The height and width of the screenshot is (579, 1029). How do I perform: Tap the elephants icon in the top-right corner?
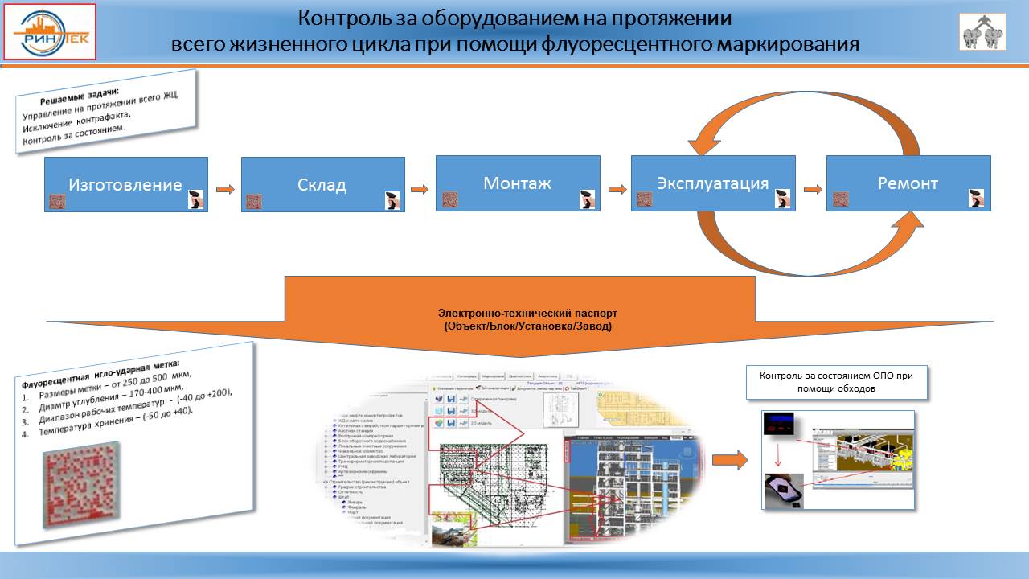coord(982,32)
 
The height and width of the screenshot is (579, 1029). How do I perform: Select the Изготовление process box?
coord(125,184)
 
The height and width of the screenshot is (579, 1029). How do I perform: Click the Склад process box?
coord(322,185)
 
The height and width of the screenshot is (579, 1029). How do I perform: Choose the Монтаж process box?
coord(518,183)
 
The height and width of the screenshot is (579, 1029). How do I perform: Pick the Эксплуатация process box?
coord(713,183)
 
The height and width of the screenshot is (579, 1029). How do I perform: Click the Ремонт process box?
coord(908,183)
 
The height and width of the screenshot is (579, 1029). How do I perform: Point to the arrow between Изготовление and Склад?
coord(225,190)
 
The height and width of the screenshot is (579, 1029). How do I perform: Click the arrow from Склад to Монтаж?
coord(420,190)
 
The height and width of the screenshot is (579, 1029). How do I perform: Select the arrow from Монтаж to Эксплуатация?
coord(616,190)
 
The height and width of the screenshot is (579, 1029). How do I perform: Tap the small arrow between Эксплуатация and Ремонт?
coord(811,190)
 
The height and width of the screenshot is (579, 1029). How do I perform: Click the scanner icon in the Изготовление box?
coord(195,200)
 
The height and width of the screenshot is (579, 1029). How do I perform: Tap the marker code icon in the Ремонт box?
coord(841,199)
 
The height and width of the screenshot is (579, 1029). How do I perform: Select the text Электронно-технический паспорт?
coord(528,312)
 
